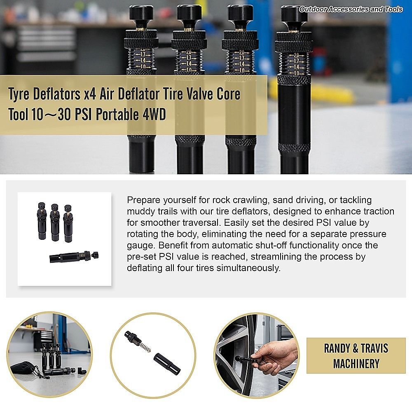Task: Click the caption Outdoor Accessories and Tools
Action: pos(351,9)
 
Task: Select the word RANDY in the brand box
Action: pos(337,349)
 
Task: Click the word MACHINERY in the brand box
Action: pos(356,364)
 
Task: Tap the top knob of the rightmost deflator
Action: pos(294,13)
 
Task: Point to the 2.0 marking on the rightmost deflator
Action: pos(296,56)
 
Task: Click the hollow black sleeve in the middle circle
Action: pos(167,364)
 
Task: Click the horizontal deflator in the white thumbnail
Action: pos(74,256)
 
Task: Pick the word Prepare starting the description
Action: pos(143,200)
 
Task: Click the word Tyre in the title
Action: pos(19,94)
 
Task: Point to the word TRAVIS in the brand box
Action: pos(375,349)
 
